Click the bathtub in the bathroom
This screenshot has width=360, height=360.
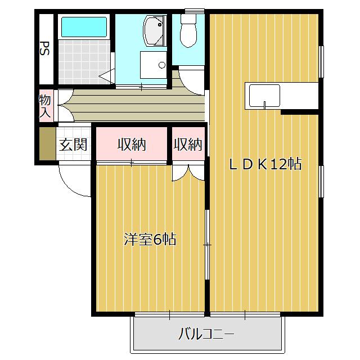pyautogui.click(x=84, y=27)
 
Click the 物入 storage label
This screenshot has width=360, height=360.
pyautogui.click(x=45, y=106)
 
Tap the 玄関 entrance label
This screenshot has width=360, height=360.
pyautogui.click(x=73, y=145)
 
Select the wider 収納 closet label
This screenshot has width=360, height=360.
pyautogui.click(x=132, y=145)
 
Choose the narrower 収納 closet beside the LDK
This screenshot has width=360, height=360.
pyautogui.click(x=188, y=145)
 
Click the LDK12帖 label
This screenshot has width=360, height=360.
pyautogui.click(x=265, y=164)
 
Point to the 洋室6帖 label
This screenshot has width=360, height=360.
pyautogui.click(x=150, y=240)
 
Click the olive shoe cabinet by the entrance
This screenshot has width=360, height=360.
pyautogui.click(x=46, y=144)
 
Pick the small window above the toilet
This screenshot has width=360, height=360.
pyautogui.click(x=194, y=11)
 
